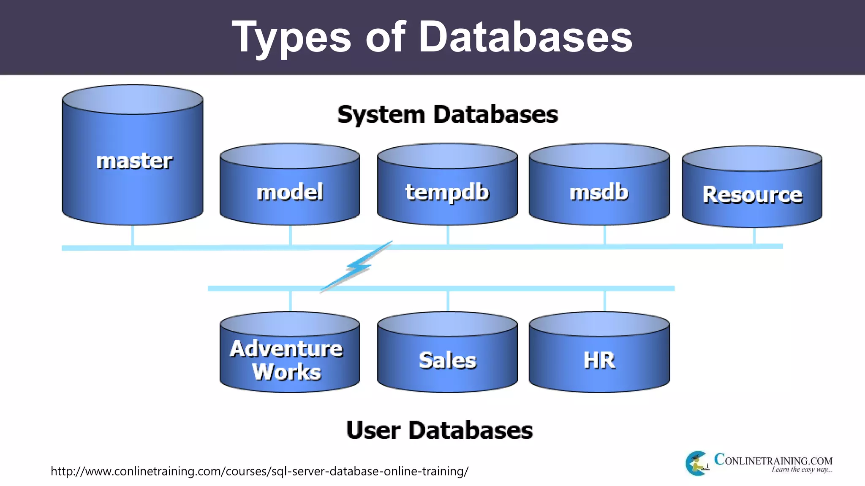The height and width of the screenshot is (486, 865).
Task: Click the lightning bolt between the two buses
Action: pos(358,267)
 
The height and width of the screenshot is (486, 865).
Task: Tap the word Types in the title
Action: pos(291,38)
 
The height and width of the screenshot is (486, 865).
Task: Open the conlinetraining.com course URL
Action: pos(259,471)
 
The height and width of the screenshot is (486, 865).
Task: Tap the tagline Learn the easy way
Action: pos(802,470)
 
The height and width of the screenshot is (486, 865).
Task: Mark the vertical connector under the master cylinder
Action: pos(133,235)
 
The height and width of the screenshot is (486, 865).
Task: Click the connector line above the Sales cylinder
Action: pos(448,301)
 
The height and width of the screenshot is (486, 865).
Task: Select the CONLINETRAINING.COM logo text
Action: pos(773,460)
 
